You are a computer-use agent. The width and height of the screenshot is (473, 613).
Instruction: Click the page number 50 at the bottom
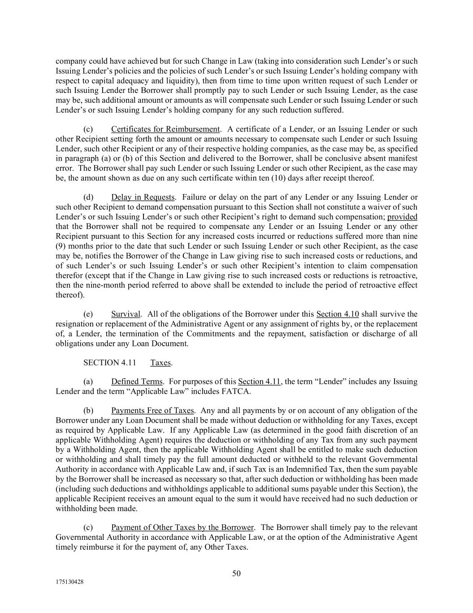(236, 573)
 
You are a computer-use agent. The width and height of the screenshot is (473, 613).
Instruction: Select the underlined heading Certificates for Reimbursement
(165, 129)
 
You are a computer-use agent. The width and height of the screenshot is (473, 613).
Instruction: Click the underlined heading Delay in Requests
(143, 197)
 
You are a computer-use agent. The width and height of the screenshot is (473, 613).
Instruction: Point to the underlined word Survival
(126, 314)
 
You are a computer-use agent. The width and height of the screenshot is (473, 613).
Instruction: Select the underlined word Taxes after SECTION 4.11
(161, 362)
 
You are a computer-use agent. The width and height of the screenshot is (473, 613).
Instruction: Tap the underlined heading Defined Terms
(137, 382)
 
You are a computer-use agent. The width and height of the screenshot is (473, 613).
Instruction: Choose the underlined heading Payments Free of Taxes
(152, 410)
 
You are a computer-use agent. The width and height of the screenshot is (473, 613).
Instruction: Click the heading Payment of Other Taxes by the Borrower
(182, 527)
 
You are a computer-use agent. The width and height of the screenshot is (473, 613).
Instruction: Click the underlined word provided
(402, 217)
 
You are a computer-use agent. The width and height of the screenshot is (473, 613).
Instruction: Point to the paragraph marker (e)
(88, 314)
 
